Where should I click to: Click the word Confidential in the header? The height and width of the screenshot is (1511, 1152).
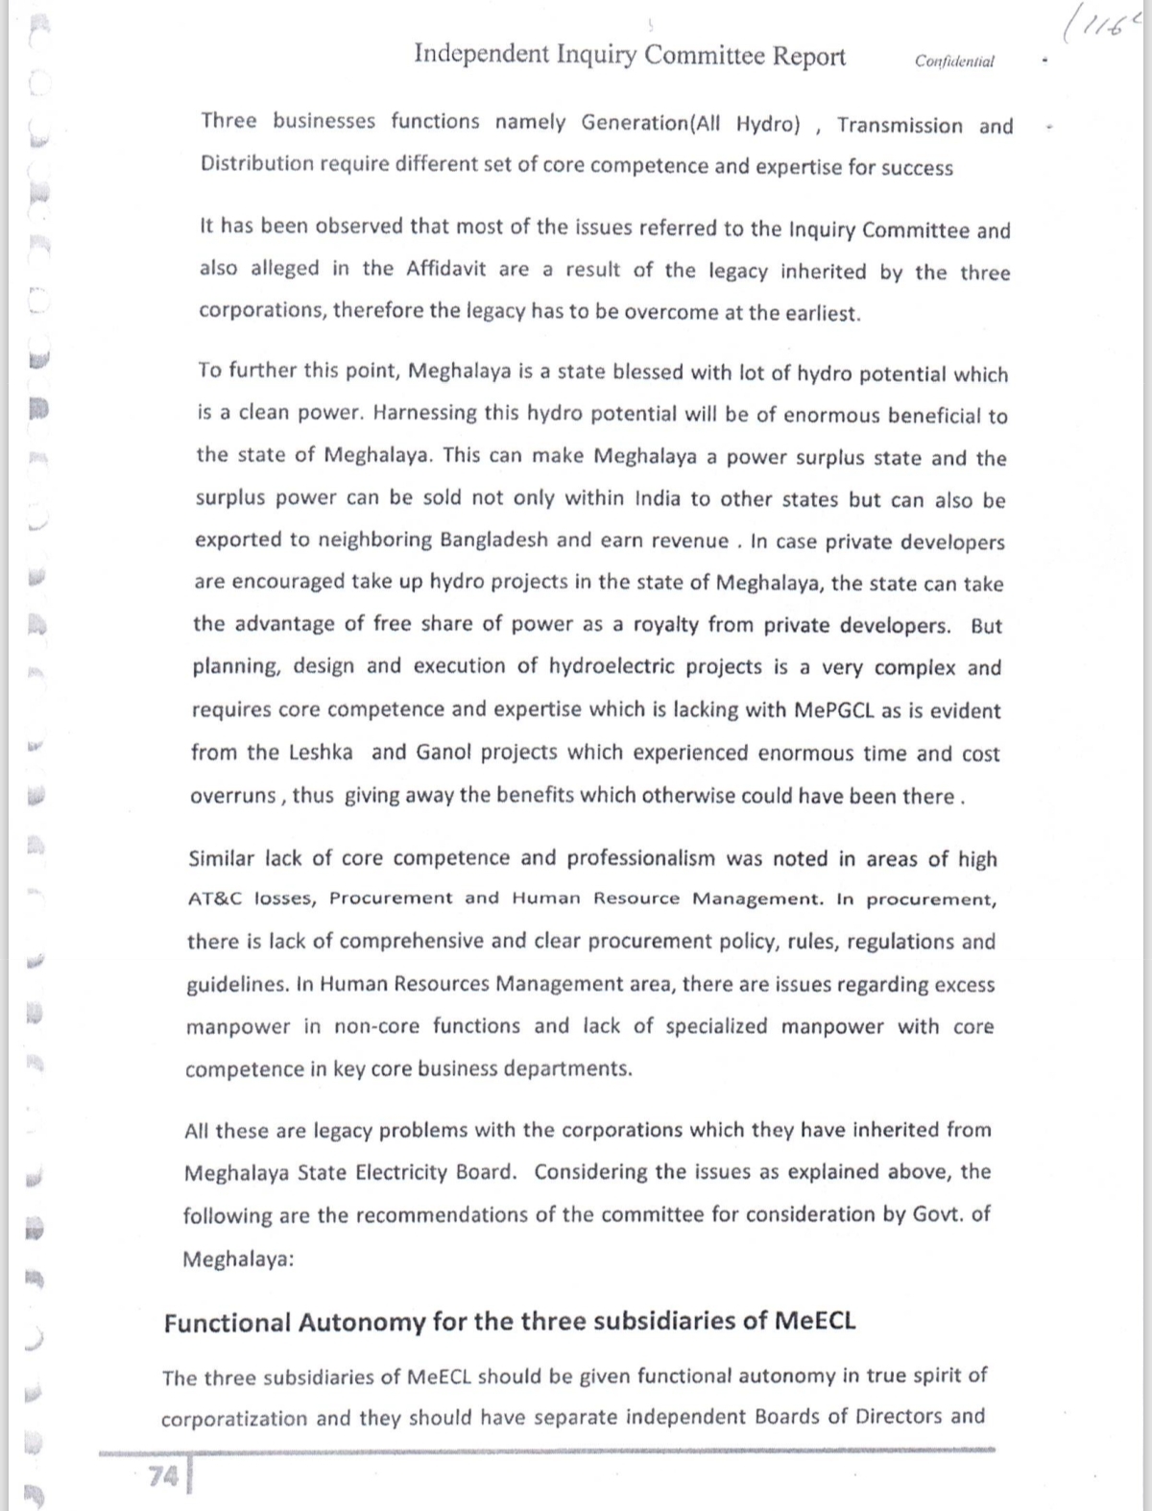(x=954, y=61)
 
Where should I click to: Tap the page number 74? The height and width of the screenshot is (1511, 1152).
(x=163, y=1476)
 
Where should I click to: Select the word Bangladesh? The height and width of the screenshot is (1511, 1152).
(x=493, y=540)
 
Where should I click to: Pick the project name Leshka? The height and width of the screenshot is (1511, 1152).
(x=321, y=753)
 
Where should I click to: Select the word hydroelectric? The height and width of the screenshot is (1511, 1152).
(x=629, y=667)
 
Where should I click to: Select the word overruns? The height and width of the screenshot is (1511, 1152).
(x=232, y=796)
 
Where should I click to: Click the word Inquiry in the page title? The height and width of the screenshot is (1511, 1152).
(x=596, y=55)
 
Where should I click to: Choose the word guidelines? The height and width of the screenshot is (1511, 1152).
(x=237, y=985)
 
